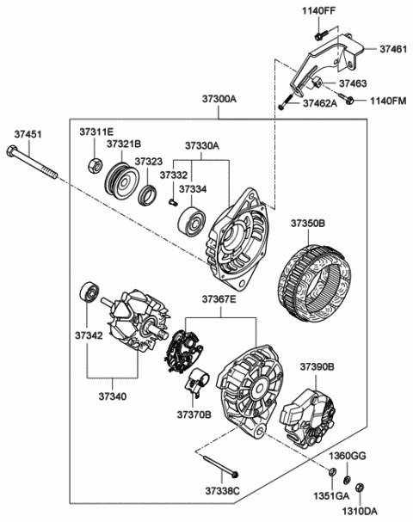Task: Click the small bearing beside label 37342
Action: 89,294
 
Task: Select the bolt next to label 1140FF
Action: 317,35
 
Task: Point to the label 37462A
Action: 320,103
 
